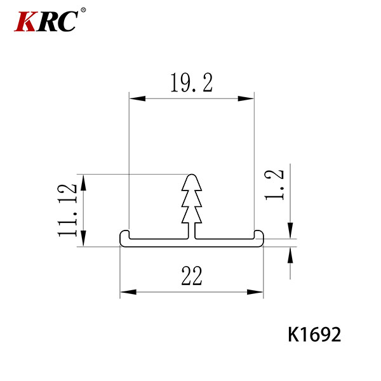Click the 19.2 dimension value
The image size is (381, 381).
tap(192, 83)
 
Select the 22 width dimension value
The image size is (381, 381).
tap(192, 276)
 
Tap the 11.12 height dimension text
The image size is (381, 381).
tap(67, 210)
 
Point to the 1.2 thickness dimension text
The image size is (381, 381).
tap(274, 185)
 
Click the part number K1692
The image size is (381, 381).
tap(314, 335)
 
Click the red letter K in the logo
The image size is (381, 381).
tap(26, 21)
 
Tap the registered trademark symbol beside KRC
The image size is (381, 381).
tap(83, 10)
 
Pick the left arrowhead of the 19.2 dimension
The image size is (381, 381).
tap(137, 98)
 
